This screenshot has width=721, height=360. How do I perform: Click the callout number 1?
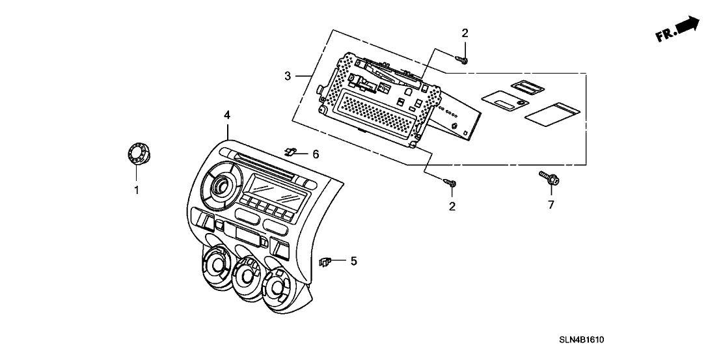click(137, 190)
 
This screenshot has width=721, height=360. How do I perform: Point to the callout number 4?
click(226, 115)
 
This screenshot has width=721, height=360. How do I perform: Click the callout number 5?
click(353, 261)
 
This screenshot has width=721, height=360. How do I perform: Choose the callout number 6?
click(316, 154)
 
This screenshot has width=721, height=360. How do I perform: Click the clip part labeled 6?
click(290, 152)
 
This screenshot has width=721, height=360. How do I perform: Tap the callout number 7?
click(551, 206)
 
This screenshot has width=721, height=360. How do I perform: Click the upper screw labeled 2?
click(463, 60)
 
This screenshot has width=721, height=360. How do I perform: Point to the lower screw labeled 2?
click(449, 183)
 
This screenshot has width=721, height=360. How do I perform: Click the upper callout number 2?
click(465, 33)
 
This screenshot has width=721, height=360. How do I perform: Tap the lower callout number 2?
click(452, 207)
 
